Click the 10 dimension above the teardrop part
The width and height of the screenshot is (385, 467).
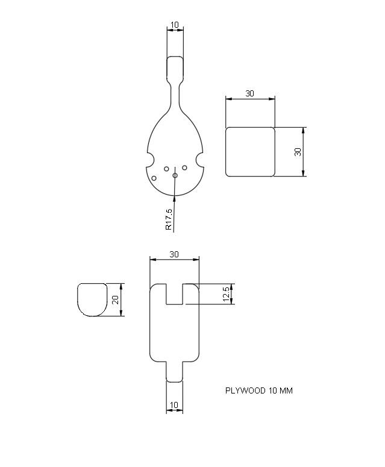coord(175,25)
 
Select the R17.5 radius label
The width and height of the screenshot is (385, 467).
coord(169,220)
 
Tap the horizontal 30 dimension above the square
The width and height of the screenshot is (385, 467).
coord(249,93)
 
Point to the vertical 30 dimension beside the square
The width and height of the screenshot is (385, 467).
coord(298,152)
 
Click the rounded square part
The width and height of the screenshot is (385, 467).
coord(250,152)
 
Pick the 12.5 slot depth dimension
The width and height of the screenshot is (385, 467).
coord(227,295)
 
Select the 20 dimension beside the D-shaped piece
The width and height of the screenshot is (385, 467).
coord(114,299)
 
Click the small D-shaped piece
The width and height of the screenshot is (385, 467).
coord(92,299)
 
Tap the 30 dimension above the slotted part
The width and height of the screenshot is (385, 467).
coord(174,254)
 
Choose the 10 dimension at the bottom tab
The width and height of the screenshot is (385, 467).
coord(175,405)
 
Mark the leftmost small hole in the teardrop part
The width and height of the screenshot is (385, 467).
coord(154,178)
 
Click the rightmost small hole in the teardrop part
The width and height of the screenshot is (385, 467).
coord(185,167)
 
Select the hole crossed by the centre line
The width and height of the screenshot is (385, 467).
coord(175,175)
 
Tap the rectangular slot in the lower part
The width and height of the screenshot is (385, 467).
coord(174,293)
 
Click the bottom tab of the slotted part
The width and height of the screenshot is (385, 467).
coord(175,372)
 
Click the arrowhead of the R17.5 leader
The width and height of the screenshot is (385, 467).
coord(174,193)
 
